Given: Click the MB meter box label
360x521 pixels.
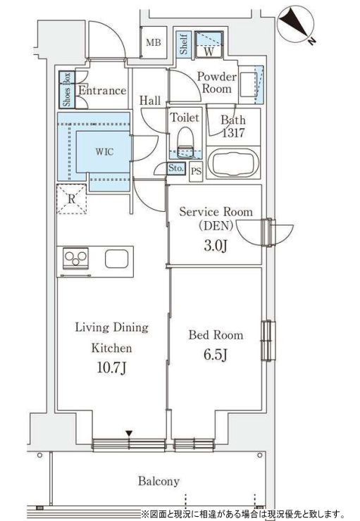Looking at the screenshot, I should point(153,43).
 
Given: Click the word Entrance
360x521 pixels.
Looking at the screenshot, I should point(102,90).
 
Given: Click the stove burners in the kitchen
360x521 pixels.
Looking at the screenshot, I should point(76,258).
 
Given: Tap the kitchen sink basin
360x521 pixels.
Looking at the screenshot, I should point(116,258).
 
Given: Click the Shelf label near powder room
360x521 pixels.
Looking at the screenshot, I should point(184,44).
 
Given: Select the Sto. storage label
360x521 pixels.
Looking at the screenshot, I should point(177,168).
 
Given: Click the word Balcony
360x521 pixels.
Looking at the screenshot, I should point(158,482).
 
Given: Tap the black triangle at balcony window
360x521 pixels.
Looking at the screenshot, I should point(128,432).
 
